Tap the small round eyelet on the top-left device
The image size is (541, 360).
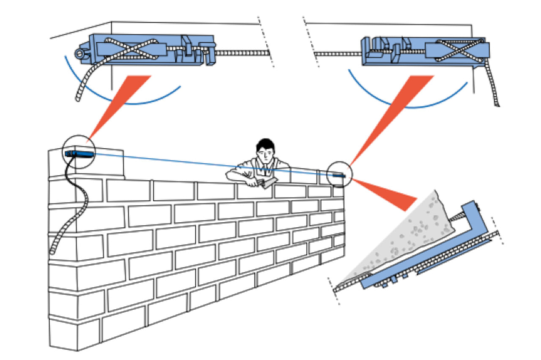[78, 54]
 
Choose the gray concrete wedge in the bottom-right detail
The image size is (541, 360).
[406, 237]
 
